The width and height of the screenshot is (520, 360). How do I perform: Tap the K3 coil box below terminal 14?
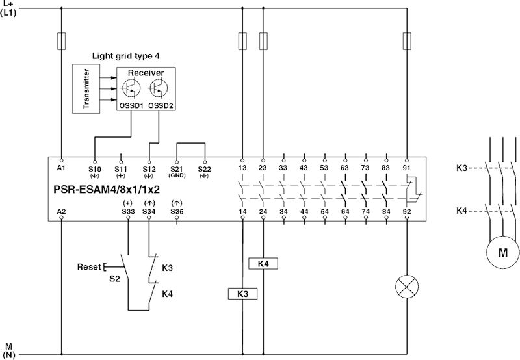242,294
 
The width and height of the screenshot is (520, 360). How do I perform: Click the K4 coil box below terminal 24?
263,264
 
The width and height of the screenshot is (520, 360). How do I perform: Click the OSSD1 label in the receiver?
131,104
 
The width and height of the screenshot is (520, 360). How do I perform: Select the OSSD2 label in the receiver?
160,104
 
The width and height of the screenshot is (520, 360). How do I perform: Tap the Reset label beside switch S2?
89,267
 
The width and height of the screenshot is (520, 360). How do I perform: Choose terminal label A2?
62,211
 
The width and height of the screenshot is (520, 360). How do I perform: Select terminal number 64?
344,211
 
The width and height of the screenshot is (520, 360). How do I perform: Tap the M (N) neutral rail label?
9,351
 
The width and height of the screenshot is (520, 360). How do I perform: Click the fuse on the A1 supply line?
62,41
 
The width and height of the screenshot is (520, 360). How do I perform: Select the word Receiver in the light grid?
146,73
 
